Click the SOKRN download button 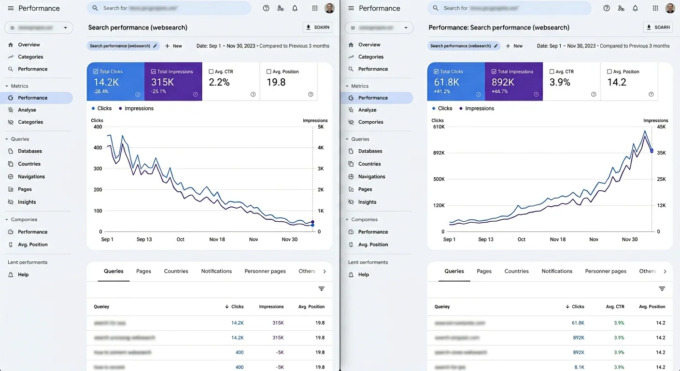point(318,28)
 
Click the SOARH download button point(658,28)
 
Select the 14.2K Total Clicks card point(115,81)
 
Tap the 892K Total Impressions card point(514,81)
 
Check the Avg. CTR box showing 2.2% point(211,71)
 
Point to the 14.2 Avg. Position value point(617,82)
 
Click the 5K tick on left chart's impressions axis point(321,127)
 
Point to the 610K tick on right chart point(439,127)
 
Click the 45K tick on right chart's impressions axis point(661,127)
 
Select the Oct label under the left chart point(180,240)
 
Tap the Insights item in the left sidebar point(27,202)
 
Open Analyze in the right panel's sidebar point(367,110)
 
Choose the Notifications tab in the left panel point(216,271)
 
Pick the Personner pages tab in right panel point(606,271)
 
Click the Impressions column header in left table point(271,307)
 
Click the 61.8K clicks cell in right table point(578,323)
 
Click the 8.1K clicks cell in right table point(579,367)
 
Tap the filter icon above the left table point(321,289)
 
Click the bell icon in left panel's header point(295,8)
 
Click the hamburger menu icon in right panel point(351,8)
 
